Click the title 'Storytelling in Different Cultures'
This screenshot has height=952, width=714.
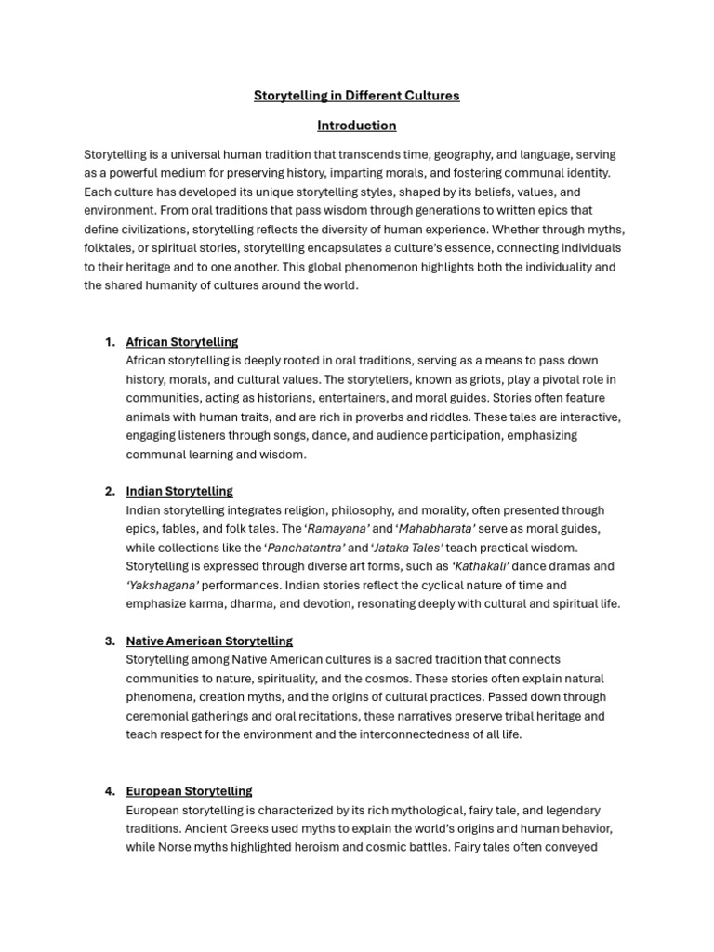pyautogui.click(x=356, y=96)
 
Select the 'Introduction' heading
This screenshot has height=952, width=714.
pyautogui.click(x=356, y=126)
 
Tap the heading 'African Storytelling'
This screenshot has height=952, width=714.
pyautogui.click(x=182, y=342)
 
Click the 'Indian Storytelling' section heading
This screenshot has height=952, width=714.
pyautogui.click(x=179, y=491)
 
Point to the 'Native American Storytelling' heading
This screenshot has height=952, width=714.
pyautogui.click(x=209, y=641)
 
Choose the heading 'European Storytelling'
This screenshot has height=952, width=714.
pyautogui.click(x=189, y=791)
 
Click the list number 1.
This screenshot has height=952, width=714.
pyautogui.click(x=110, y=342)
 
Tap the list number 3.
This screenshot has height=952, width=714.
pyautogui.click(x=110, y=641)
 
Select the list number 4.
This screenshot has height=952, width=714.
pyautogui.click(x=110, y=791)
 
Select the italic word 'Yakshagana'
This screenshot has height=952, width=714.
pyautogui.click(x=163, y=585)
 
